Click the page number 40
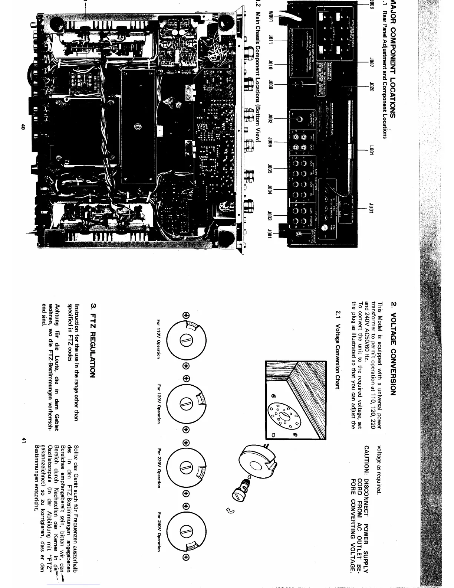23,127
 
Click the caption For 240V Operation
159,533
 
